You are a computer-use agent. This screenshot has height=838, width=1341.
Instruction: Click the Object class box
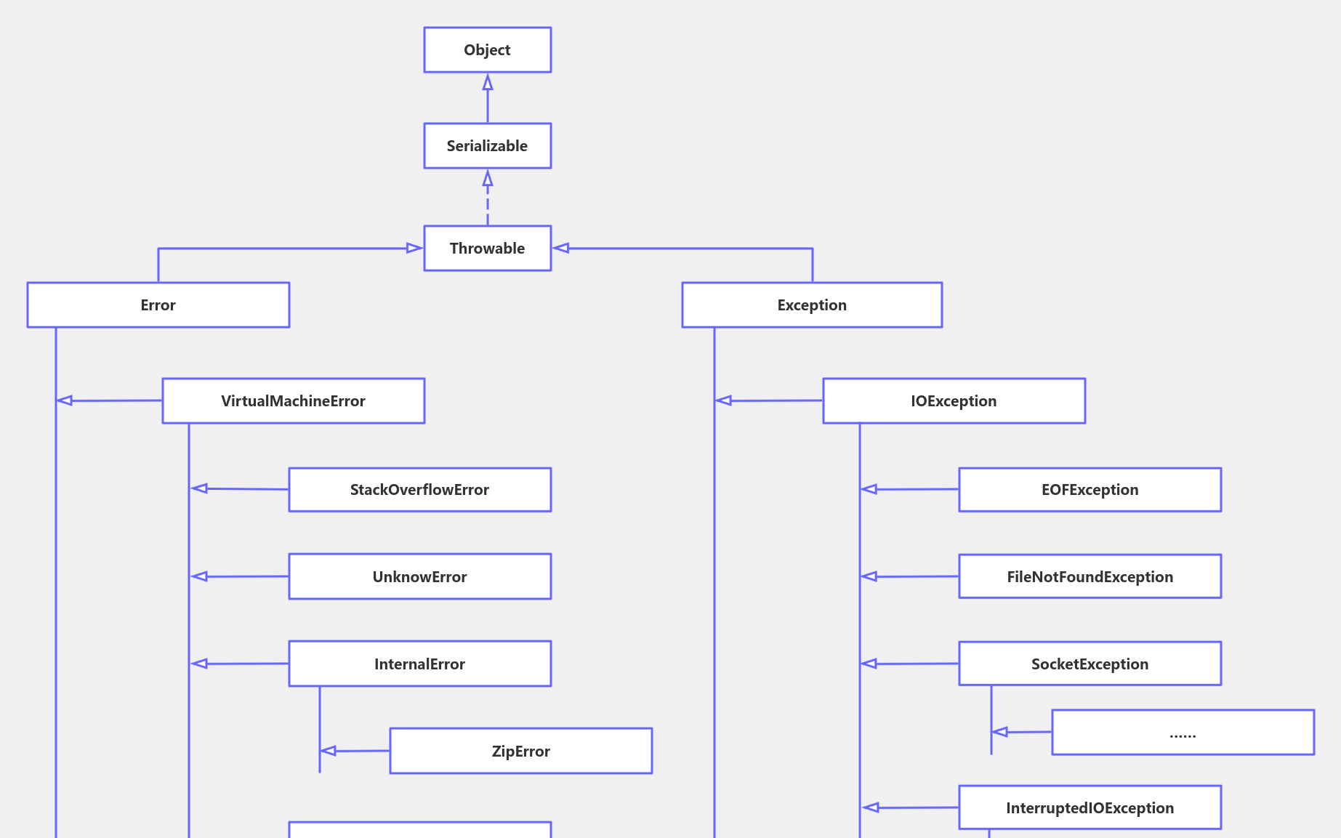coord(487,50)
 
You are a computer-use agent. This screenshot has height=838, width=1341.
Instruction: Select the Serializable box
coord(487,146)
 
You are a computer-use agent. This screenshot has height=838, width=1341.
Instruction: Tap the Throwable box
coord(487,249)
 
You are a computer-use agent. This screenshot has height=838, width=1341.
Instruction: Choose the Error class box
coord(158,305)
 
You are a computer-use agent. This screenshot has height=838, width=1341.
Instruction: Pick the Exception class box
coord(811,305)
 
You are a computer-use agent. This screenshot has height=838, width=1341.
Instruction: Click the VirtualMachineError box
coord(293,401)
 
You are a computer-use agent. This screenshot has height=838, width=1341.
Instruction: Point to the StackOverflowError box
coord(419,490)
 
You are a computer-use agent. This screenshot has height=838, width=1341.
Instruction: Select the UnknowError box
coord(419,577)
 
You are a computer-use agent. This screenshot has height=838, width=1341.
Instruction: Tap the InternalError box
coord(419,664)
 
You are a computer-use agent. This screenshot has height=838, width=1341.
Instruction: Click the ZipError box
coord(520,751)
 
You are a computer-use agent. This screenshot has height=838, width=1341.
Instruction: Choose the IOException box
coord(954,401)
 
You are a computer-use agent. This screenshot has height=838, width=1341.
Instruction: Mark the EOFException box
coord(1090,490)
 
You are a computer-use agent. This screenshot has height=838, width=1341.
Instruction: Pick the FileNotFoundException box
coord(1090,577)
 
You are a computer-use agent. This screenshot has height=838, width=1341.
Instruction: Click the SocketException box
coord(1090,664)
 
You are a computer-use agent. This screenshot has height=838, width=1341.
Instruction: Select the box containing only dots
coord(1183,733)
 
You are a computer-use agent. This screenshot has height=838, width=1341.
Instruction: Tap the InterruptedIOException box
coord(1090,807)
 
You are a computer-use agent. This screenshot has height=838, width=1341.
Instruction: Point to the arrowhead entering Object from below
coord(488,82)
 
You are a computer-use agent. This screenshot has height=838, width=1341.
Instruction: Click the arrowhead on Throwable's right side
coord(560,249)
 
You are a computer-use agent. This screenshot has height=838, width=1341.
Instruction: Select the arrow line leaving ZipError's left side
coord(360,751)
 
